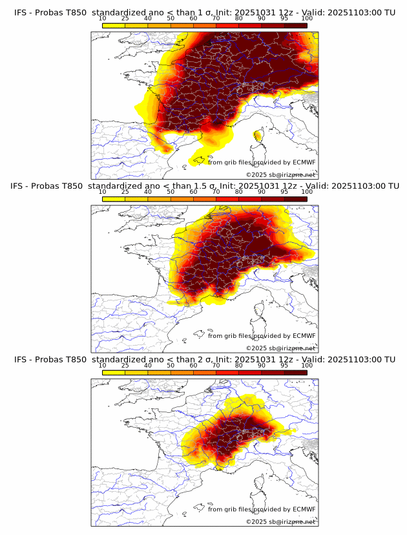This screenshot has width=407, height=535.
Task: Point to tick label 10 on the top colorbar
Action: [103, 18]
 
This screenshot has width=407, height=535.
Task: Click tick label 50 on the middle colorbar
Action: [171, 192]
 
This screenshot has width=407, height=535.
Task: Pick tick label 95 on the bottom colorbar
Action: [284, 366]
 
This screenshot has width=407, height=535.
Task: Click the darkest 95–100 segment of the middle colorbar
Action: [296, 198]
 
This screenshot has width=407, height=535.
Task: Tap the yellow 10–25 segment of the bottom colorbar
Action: [114, 372]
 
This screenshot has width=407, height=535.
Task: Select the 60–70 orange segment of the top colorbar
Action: [205, 25]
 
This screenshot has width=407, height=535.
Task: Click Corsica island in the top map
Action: [258, 136]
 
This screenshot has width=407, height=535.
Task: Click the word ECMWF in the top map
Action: [304, 162]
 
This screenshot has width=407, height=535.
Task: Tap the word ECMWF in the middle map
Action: [304, 335]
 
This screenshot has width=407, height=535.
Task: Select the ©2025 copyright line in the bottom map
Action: [281, 521]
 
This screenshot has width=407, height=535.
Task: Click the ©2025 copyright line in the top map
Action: [281, 174]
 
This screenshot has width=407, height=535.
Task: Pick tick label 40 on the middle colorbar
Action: [148, 192]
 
